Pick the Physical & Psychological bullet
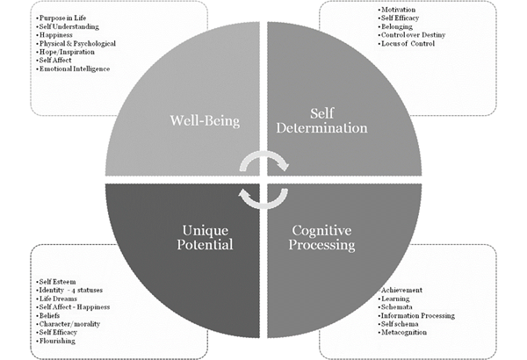coord(80,43)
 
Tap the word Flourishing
coord(60,341)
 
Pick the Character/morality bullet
coord(71,324)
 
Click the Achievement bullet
coord(401,290)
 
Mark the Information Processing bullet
coord(417,315)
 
